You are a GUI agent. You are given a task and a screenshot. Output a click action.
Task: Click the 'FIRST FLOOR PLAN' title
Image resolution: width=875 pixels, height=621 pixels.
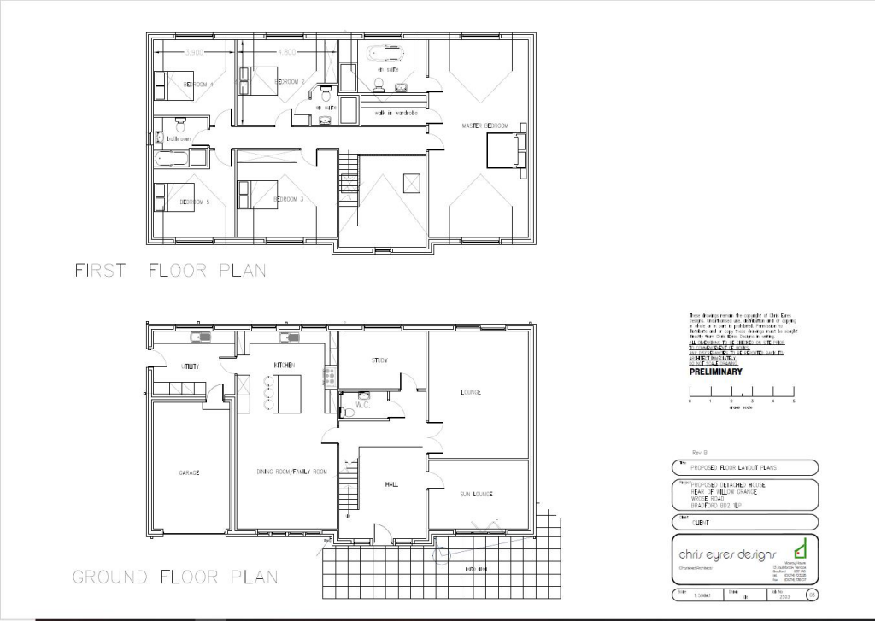click(x=170, y=271)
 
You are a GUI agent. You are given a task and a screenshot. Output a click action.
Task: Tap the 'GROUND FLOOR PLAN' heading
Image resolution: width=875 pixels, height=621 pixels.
click(x=175, y=577)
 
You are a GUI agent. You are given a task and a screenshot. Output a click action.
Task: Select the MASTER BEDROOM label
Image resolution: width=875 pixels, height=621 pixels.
click(x=484, y=126)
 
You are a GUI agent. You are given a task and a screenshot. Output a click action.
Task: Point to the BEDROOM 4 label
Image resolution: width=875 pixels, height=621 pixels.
click(x=198, y=85)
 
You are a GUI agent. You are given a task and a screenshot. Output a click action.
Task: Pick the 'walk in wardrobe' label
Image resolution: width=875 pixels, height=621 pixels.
click(x=396, y=113)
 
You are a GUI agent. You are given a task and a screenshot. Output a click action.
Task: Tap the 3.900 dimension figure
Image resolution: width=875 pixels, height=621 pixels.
click(x=194, y=52)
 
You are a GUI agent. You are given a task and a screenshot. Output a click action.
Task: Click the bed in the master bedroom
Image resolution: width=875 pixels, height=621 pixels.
click(x=502, y=152)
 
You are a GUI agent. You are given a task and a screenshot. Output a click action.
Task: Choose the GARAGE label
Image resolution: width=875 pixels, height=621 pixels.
click(x=190, y=472)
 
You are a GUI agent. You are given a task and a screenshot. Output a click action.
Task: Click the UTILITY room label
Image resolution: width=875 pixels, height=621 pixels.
click(x=190, y=366)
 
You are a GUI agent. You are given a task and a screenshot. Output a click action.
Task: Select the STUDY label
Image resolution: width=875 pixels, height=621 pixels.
click(x=380, y=360)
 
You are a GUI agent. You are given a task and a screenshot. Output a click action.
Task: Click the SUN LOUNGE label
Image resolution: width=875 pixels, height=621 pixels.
click(x=476, y=494)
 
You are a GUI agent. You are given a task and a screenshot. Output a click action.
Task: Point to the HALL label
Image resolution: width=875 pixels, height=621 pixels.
click(x=391, y=484)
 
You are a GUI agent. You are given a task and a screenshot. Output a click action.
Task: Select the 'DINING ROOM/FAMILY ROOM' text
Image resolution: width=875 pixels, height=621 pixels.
click(x=291, y=472)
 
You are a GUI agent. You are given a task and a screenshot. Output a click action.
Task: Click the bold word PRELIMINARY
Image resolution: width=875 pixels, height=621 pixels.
click(x=716, y=372)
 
